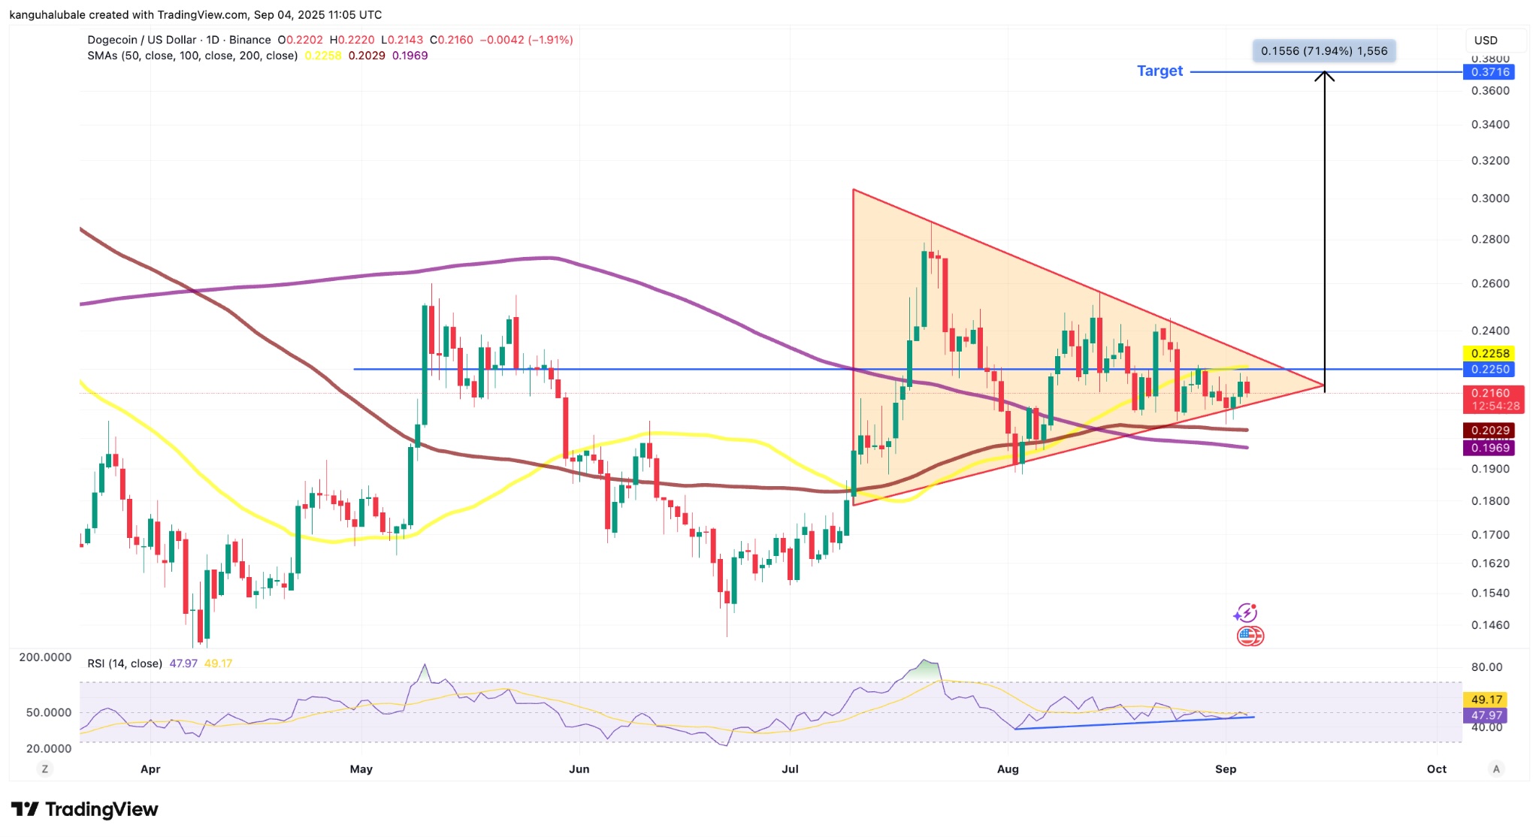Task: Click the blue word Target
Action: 1160,71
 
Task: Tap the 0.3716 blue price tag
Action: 1489,72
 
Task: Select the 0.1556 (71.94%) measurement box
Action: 1324,51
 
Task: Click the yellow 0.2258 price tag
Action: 1489,353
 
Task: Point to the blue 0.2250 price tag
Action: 1489,370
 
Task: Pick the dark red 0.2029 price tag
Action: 1489,431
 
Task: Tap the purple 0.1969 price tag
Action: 1489,448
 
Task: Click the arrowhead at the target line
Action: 1324,75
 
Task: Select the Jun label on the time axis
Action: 579,769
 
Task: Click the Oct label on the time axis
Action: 1436,769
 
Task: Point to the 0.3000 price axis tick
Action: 1489,198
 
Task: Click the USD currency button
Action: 1486,41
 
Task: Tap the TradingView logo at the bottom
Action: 84,809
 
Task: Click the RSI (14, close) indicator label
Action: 125,663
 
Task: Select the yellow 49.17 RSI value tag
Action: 1486,700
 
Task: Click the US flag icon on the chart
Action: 1247,636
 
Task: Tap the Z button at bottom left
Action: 45,769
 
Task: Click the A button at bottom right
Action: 1496,769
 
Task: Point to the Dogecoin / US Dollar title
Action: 142,40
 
